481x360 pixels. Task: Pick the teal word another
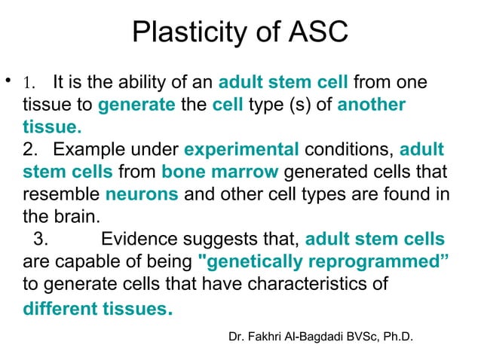[371, 105]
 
